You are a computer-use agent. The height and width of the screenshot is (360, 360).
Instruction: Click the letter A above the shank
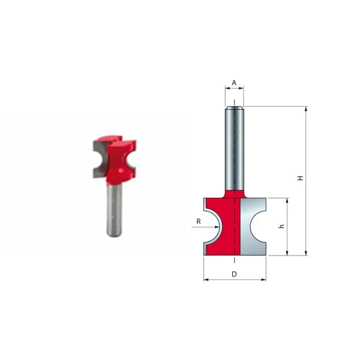coord(234,83)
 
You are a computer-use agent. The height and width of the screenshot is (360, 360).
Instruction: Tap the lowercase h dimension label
coord(282,227)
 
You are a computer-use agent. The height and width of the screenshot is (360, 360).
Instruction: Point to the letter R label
coord(198,221)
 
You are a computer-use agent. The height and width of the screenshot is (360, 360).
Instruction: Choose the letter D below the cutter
coord(234,274)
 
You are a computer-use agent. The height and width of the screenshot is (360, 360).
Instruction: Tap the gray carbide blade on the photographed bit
coord(98,157)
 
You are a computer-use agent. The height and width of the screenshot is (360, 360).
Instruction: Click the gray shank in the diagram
coord(235,150)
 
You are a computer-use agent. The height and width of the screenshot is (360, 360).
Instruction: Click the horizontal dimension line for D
coord(234,280)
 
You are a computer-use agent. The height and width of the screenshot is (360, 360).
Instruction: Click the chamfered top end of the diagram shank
coord(235,108)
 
